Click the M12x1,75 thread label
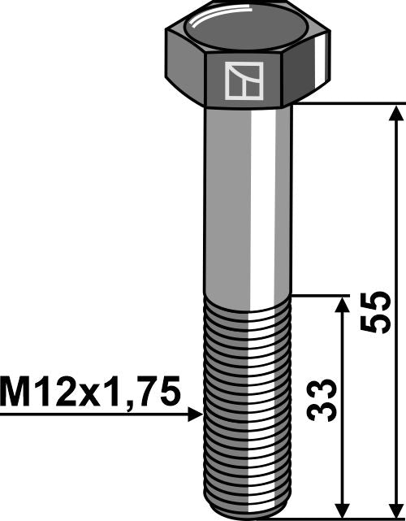click(89, 393)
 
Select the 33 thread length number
click(325, 400)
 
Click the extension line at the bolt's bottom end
click(341, 516)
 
